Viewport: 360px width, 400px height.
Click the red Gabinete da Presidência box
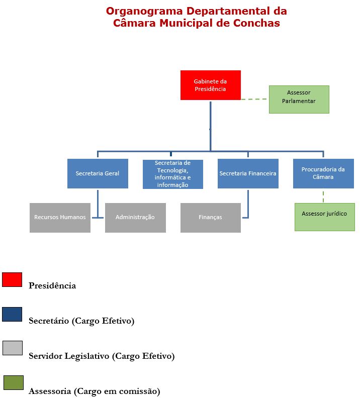(x=210, y=85)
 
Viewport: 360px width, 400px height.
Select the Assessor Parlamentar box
(x=299, y=99)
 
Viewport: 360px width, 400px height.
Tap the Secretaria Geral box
(x=98, y=173)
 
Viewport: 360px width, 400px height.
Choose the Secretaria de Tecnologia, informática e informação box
(x=173, y=174)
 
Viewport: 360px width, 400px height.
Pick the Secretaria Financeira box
(x=248, y=173)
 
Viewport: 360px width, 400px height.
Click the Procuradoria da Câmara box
(x=323, y=173)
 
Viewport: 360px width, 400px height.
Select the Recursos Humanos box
(x=60, y=218)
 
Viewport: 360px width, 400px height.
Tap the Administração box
(x=135, y=218)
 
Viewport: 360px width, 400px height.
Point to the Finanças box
(x=210, y=218)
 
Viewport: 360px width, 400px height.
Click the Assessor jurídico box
(x=324, y=217)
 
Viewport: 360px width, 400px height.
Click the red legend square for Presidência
(x=12, y=279)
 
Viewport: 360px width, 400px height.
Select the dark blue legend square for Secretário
(x=12, y=314)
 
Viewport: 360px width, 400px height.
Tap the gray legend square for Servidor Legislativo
(x=13, y=348)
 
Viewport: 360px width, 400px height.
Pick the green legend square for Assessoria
(x=14, y=382)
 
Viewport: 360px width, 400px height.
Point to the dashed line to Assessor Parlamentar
(x=254, y=99)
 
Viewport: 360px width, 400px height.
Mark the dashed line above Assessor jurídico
(x=323, y=196)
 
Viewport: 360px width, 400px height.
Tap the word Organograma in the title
(x=144, y=12)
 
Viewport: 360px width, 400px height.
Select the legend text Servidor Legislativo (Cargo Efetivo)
(x=102, y=356)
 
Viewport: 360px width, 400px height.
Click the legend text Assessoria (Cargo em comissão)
(x=95, y=391)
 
